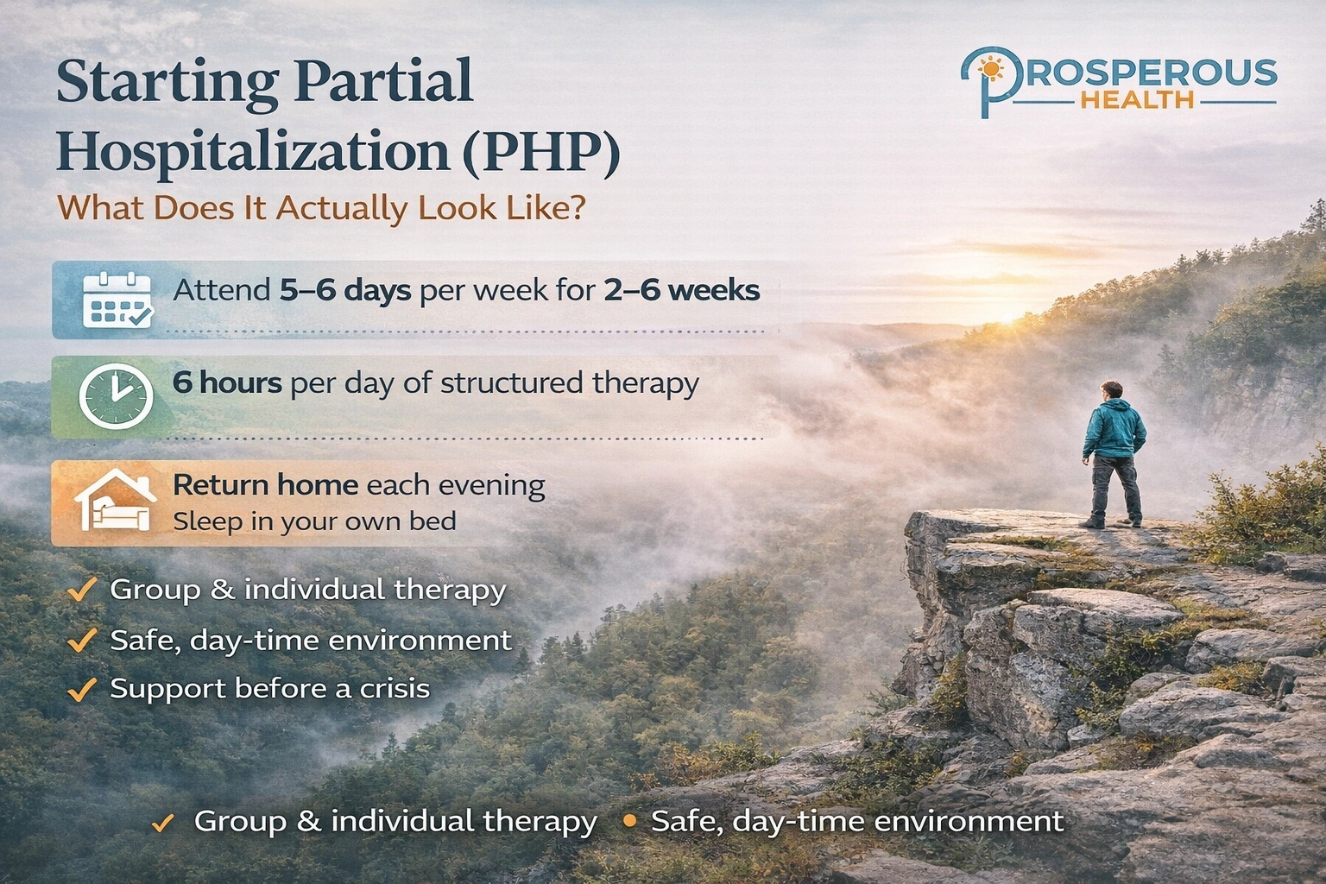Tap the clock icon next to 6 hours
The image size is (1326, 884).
coord(116,397)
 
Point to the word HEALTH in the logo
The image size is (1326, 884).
coord(1137,100)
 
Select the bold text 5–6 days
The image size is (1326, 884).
coord(345,290)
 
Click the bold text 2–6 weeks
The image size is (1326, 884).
coord(681,290)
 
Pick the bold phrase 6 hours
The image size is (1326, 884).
coord(227,382)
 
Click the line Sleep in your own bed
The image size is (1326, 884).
coord(314,521)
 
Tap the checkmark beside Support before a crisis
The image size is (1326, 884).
coord(82,690)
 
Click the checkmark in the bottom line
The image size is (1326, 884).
coord(162,823)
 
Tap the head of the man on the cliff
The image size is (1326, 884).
coord(1112,390)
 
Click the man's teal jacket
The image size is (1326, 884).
coord(1114,429)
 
